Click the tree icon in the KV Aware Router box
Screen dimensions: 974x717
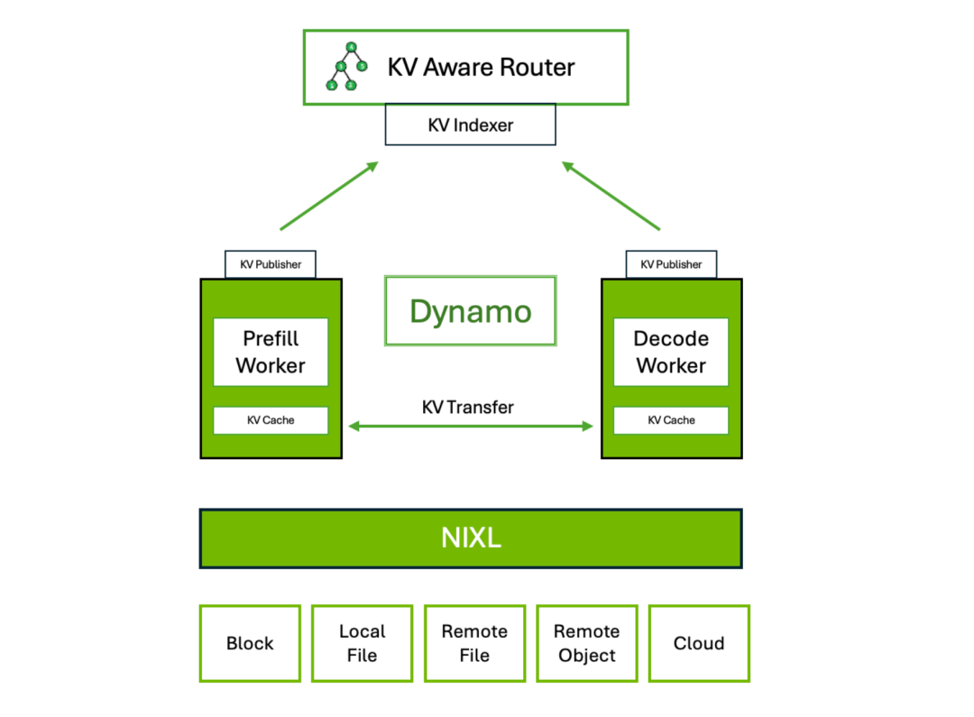[346, 66]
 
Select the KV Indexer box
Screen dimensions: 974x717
[470, 124]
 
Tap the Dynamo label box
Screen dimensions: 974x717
[470, 310]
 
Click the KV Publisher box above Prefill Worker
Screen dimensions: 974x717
[271, 264]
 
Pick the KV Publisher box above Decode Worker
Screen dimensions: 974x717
[671, 264]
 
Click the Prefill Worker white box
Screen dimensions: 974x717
[271, 352]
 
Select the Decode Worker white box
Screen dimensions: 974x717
[671, 352]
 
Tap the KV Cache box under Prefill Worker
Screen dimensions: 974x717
[271, 420]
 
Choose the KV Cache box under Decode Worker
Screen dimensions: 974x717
[671, 420]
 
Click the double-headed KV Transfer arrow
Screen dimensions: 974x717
[470, 427]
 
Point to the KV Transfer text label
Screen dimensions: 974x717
[468, 407]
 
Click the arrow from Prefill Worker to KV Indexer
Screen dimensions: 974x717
[329, 196]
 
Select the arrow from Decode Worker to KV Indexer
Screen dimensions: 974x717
[611, 196]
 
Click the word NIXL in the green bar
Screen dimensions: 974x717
[471, 538]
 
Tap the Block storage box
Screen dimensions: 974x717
[250, 643]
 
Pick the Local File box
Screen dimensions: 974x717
[363, 643]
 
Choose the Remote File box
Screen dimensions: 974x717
[474, 643]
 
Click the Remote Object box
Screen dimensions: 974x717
[587, 643]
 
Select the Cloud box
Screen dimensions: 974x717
[699, 643]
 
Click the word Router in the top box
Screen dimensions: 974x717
[538, 67]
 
